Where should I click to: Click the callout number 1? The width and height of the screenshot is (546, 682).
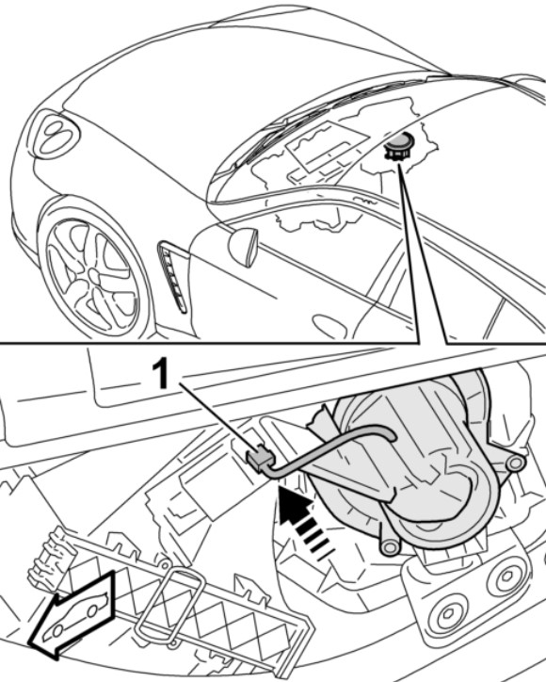pyautogui.click(x=162, y=375)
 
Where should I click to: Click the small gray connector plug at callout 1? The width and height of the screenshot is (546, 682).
pyautogui.click(x=261, y=458)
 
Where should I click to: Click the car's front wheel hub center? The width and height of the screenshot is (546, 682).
pyautogui.click(x=94, y=274)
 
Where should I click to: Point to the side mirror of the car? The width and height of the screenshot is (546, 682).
pyautogui.click(x=243, y=247)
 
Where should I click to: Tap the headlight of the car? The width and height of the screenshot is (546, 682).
pyautogui.click(x=56, y=134)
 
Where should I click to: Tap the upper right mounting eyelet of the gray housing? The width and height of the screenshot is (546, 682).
pyautogui.click(x=515, y=463)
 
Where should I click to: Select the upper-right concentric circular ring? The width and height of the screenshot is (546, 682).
pyautogui.click(x=506, y=576)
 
